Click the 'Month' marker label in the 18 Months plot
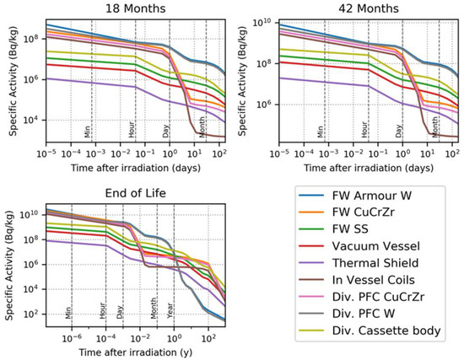[202, 128]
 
